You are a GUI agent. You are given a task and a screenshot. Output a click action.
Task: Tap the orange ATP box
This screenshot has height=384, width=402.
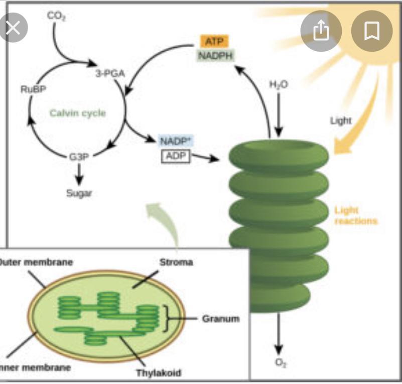point(215,41)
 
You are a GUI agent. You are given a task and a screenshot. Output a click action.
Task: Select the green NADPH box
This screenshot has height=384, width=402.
point(215,55)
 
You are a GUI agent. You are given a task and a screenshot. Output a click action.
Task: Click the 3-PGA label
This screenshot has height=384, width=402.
point(110,74)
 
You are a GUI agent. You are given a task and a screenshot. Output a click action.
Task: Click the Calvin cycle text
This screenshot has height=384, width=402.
point(78,113)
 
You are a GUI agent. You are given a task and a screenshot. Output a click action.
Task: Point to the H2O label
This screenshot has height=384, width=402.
point(279,85)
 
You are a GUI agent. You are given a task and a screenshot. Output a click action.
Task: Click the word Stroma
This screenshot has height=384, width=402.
point(176,262)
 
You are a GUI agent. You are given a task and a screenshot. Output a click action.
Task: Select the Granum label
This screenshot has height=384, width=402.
point(221,319)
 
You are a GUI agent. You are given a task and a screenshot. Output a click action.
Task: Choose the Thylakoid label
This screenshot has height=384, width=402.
point(158,373)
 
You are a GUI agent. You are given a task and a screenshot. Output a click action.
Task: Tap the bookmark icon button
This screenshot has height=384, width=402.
point(371,31)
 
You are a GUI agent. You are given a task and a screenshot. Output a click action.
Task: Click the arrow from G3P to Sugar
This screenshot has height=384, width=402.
point(79,174)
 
